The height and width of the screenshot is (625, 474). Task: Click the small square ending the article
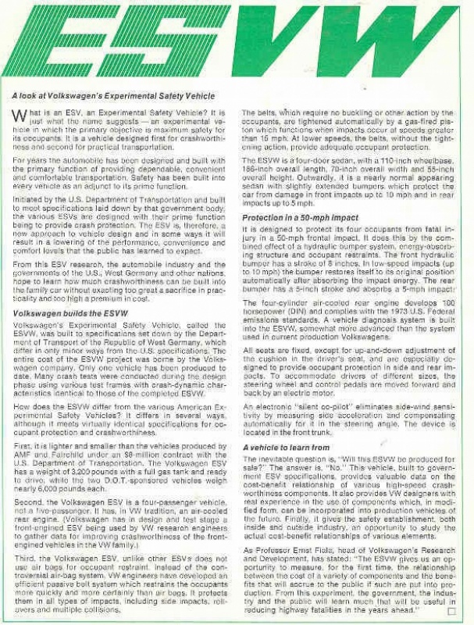point(451,611)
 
